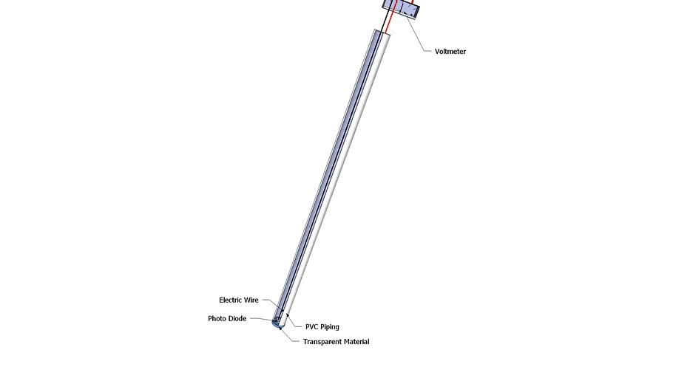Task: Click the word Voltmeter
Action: coord(450,52)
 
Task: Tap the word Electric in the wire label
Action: coord(233,300)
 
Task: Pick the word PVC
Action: coord(313,327)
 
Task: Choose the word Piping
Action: coord(331,327)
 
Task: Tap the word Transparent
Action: coord(325,342)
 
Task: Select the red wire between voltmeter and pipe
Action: coord(390,22)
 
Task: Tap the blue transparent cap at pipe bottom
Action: coord(278,324)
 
